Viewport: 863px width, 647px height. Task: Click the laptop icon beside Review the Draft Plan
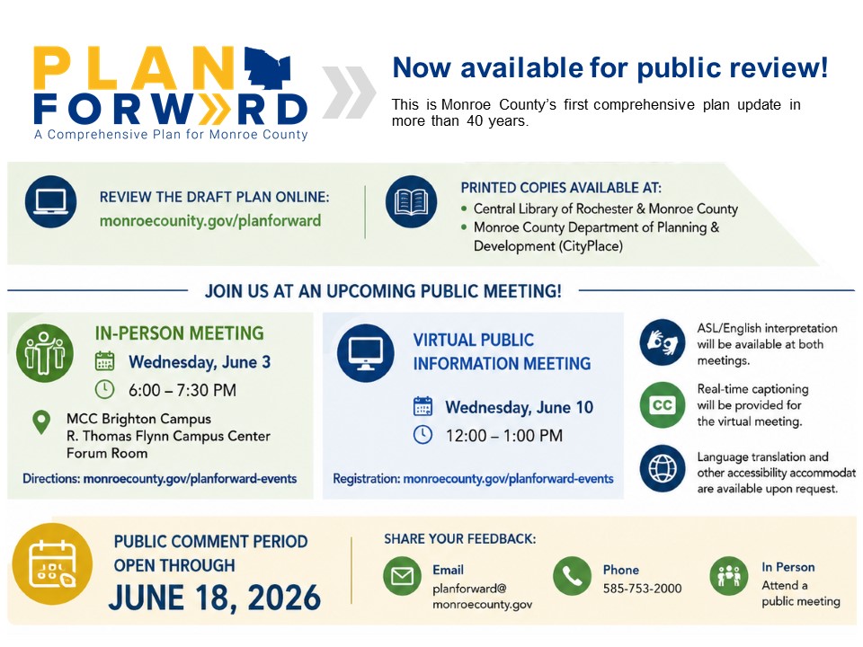tap(50, 201)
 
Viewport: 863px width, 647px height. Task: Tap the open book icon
tap(411, 201)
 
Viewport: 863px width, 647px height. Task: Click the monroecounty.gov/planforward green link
tap(210, 221)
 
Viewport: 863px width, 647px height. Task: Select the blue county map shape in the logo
tap(268, 68)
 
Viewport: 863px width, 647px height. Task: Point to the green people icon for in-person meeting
tap(45, 352)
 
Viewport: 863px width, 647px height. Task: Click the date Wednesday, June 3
tap(200, 362)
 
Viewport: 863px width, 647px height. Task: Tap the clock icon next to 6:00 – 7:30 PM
tap(104, 389)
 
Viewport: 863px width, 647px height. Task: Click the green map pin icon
tap(42, 422)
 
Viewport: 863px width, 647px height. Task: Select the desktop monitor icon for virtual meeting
tap(366, 352)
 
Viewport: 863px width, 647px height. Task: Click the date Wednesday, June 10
tap(519, 407)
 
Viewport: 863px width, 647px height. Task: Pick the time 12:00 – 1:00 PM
tap(504, 436)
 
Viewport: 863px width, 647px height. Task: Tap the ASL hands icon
tap(663, 342)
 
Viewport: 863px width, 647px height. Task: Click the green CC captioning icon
tap(663, 405)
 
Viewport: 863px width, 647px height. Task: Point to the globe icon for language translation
tap(663, 468)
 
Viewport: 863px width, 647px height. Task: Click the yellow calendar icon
tap(52, 564)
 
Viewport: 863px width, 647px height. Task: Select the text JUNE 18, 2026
tap(215, 598)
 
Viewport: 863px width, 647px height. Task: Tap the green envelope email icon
tap(403, 576)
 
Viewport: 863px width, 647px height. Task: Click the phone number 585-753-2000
tap(642, 588)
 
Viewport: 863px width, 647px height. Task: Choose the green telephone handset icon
tap(573, 576)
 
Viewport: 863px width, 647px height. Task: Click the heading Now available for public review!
tap(609, 67)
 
